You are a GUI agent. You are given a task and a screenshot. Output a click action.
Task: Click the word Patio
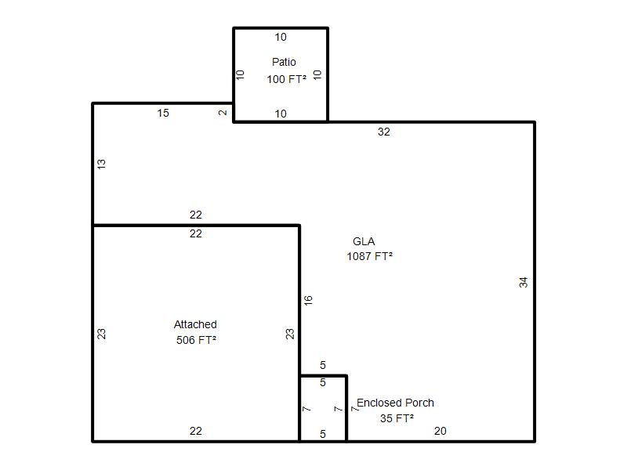[284, 62]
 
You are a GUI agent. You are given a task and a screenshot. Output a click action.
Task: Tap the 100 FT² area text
[287, 79]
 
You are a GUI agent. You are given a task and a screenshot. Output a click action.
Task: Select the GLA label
[364, 241]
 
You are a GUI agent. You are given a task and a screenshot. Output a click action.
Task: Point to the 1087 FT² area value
[369, 256]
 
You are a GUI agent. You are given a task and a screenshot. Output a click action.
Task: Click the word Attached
[195, 324]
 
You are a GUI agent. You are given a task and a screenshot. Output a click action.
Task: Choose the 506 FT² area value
[197, 340]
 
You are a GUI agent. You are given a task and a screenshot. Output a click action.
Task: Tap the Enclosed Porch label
[396, 403]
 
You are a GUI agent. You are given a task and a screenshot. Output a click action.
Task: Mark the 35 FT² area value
[397, 418]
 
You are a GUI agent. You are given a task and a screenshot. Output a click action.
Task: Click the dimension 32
[384, 132]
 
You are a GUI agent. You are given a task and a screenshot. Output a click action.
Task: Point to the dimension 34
[524, 283]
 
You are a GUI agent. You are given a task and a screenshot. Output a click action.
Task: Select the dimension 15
[163, 113]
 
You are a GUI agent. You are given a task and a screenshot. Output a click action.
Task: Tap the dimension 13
[102, 164]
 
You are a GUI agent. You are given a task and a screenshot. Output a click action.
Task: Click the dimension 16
[308, 301]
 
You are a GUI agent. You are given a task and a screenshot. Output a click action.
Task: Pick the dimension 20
[440, 431]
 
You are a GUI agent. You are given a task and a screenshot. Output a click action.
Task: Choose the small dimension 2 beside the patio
[223, 113]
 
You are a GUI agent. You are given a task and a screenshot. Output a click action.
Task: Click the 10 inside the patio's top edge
[281, 37]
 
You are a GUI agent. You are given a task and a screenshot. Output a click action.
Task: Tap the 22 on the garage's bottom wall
[196, 431]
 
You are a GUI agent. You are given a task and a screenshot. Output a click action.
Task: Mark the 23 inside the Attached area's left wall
[102, 334]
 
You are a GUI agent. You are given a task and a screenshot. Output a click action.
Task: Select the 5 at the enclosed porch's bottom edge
[323, 434]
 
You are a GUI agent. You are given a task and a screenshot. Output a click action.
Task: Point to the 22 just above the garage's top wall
[196, 215]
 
